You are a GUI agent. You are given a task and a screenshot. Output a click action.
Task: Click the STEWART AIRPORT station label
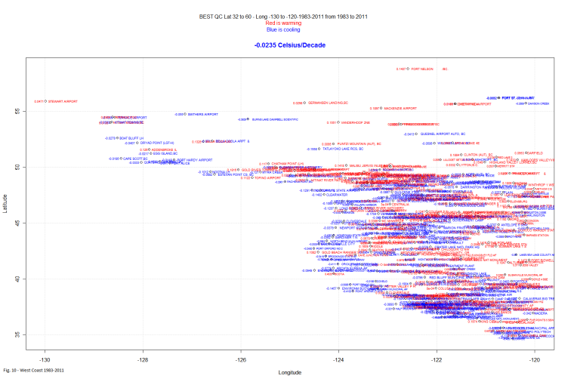(x=63, y=101)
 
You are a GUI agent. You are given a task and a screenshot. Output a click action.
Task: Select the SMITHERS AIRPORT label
(x=202, y=114)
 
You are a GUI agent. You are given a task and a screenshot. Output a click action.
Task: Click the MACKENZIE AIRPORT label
(x=400, y=108)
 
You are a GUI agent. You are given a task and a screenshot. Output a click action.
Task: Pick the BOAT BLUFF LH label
(x=131, y=138)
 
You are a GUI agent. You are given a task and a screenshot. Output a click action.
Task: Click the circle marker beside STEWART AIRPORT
(x=46, y=101)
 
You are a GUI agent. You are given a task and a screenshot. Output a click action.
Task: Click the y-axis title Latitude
(x=6, y=204)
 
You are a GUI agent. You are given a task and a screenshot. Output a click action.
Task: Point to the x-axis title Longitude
(x=291, y=372)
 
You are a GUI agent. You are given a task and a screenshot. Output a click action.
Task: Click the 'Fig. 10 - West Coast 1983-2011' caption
(x=33, y=370)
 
